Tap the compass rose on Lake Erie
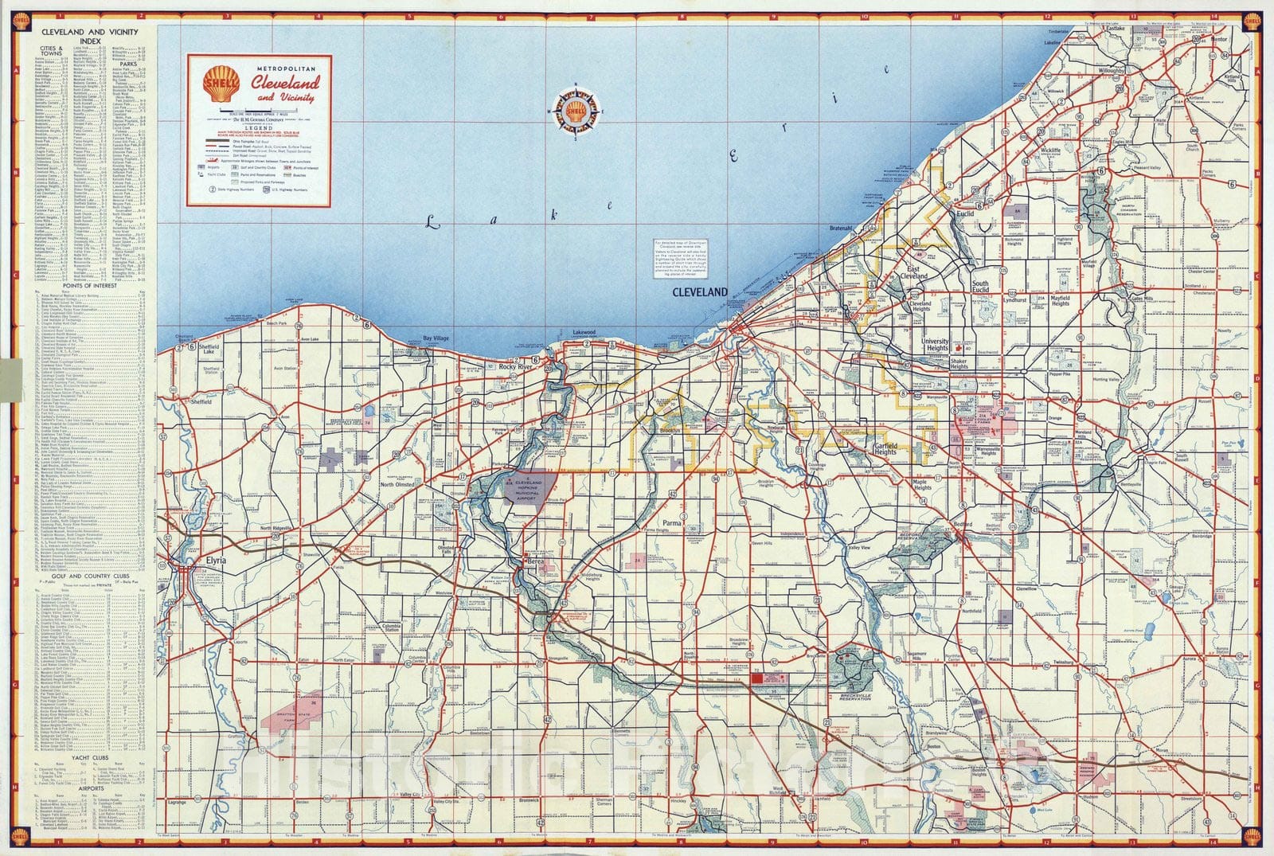coord(576,113)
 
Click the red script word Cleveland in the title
coord(286,83)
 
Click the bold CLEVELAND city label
coord(700,292)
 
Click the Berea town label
coord(534,562)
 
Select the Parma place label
coord(673,523)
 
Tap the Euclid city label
coord(965,214)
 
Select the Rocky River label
coord(515,367)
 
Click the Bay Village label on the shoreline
coord(436,338)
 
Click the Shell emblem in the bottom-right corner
coord(1253,835)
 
